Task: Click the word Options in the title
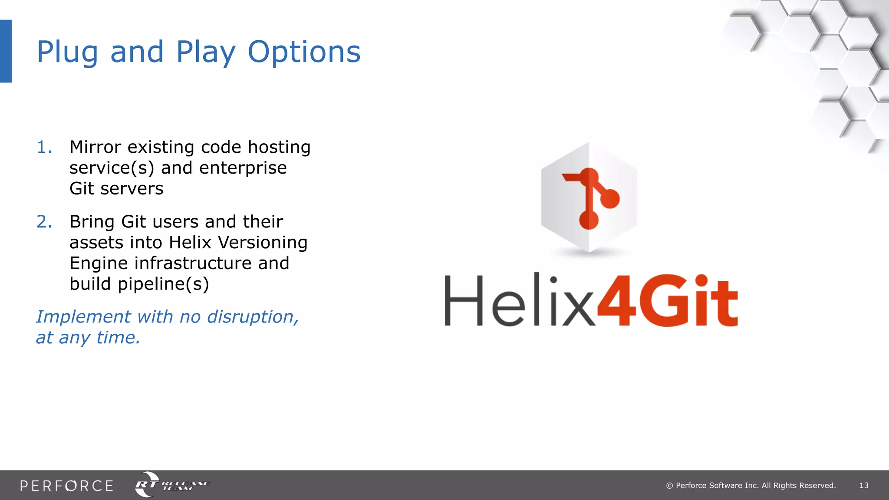click(304, 52)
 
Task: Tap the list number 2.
click(44, 222)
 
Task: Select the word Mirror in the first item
click(95, 147)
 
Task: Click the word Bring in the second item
click(92, 222)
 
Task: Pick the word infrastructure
click(193, 263)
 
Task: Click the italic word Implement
click(83, 317)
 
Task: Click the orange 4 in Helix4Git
click(616, 301)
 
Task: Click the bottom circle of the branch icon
click(589, 220)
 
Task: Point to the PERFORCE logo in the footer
click(66, 486)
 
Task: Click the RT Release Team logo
click(171, 485)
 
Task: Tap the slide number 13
click(863, 486)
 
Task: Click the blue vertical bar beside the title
click(6, 51)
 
